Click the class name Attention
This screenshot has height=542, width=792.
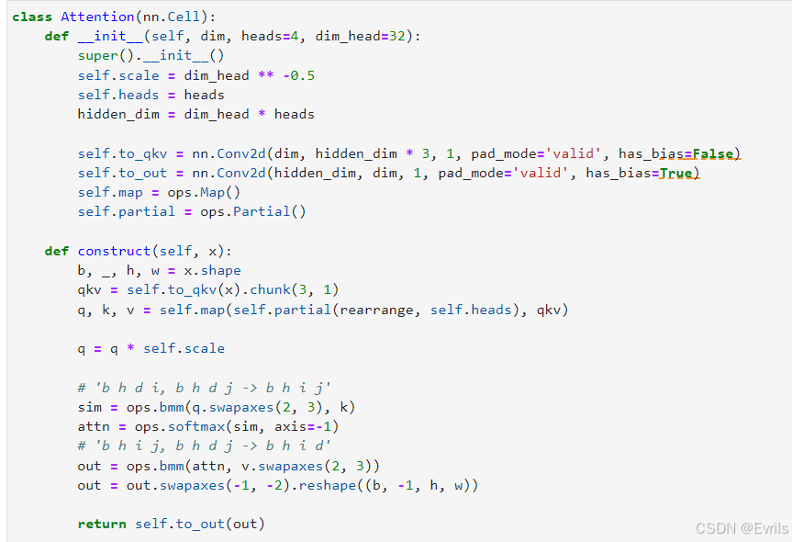pos(97,17)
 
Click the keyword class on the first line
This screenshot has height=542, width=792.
pos(32,17)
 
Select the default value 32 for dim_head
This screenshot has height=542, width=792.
pos(397,36)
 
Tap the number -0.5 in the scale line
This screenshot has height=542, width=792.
pos(298,75)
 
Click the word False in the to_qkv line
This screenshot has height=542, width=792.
pos(713,153)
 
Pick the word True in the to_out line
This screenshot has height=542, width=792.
pos(675,173)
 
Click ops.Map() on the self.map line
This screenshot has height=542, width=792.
pos(204,193)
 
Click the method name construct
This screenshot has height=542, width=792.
pos(114,251)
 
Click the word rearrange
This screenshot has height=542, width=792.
pos(376,310)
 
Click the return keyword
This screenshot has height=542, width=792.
pos(102,524)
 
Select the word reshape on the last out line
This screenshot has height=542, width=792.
pos(328,485)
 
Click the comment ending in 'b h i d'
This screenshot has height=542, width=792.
pos(204,446)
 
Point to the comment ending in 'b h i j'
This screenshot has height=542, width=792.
pos(204,388)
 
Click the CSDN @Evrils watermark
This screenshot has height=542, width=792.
pos(742,528)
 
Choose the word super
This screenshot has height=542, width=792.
pos(98,56)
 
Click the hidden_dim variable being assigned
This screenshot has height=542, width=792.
pos(118,114)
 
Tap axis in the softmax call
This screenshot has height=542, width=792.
pos(290,427)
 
